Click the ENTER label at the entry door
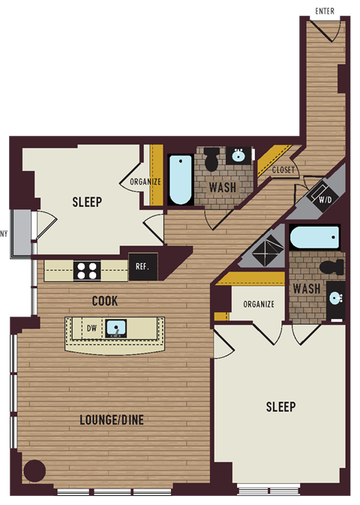point(325,11)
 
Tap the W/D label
point(326,200)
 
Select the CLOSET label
point(283,170)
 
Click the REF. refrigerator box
point(142,265)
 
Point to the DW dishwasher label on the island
point(91,327)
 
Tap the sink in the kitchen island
point(115,328)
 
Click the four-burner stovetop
point(87,270)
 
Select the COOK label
point(104,301)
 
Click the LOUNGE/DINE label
point(112,420)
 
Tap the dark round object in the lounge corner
point(34,471)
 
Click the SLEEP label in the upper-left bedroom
point(87,202)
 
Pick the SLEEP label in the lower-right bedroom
point(280,407)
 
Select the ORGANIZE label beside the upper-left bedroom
point(145,182)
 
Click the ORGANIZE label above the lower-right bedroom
point(257,304)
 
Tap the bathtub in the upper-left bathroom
point(180,180)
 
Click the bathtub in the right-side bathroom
point(314,238)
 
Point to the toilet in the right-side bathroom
point(330,267)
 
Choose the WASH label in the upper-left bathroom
point(223,187)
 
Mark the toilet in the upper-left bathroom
point(211,159)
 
